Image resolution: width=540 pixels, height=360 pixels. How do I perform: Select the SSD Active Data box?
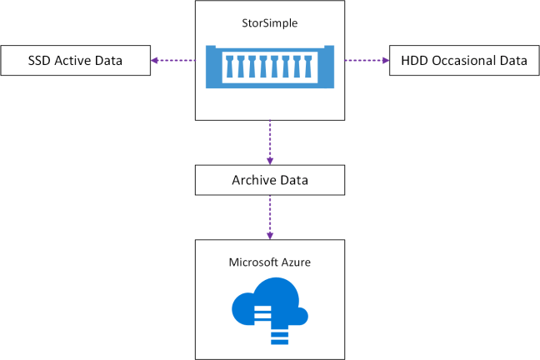[76, 61]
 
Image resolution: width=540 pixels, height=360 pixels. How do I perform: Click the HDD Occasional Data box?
[463, 61]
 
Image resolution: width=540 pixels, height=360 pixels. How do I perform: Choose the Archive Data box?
[269, 179]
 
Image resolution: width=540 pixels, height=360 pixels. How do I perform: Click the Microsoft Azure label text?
[269, 262]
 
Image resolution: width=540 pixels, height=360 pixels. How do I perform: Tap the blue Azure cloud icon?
[269, 303]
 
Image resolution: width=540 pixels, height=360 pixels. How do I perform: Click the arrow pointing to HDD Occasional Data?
[367, 61]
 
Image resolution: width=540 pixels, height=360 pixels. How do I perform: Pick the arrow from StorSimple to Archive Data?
[269, 142]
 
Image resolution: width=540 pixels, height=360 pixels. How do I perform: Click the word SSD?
[38, 61]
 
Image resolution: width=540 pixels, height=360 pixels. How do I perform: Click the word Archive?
[252, 179]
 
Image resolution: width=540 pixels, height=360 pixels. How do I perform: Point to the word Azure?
[295, 262]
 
